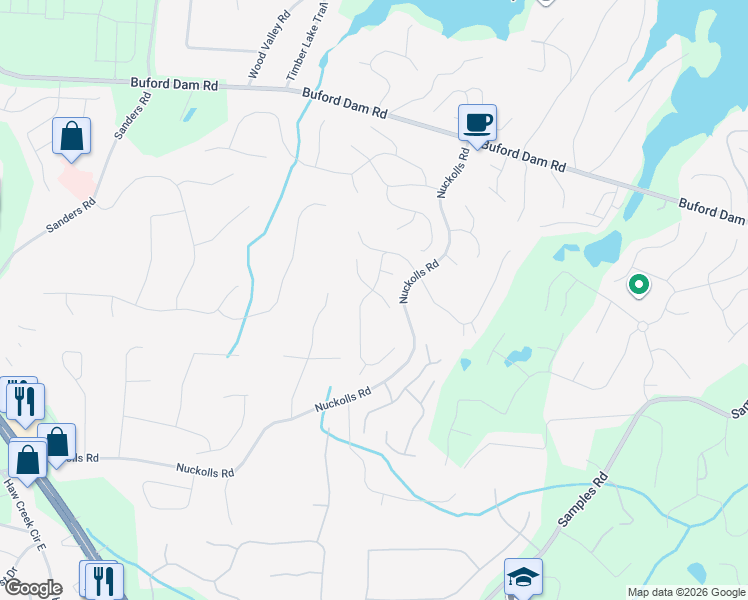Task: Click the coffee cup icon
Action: click(x=477, y=122)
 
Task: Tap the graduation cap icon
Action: click(x=523, y=576)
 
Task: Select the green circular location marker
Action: click(x=638, y=285)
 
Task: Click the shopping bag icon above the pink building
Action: click(x=72, y=135)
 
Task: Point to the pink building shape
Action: click(x=76, y=180)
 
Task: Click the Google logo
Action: click(x=33, y=588)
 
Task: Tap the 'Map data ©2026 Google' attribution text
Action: click(x=685, y=592)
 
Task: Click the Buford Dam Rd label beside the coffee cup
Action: click(x=523, y=157)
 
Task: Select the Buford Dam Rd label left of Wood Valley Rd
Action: click(x=174, y=85)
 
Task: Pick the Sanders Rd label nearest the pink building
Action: click(x=70, y=215)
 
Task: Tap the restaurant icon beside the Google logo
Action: click(x=102, y=580)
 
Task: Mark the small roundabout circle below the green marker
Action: click(x=642, y=326)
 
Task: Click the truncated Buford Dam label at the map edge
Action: click(x=712, y=210)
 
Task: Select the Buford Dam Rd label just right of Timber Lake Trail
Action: click(x=345, y=104)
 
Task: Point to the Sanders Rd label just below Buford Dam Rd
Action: click(x=133, y=116)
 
